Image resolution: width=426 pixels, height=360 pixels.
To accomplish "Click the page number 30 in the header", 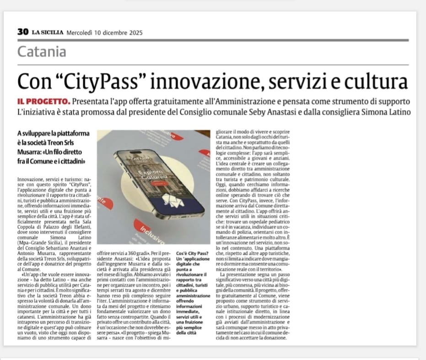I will coord(23,32).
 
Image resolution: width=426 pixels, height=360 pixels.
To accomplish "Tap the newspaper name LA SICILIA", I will coord(48,33).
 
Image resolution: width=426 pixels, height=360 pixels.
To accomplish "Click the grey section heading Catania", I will coord(42,52).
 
